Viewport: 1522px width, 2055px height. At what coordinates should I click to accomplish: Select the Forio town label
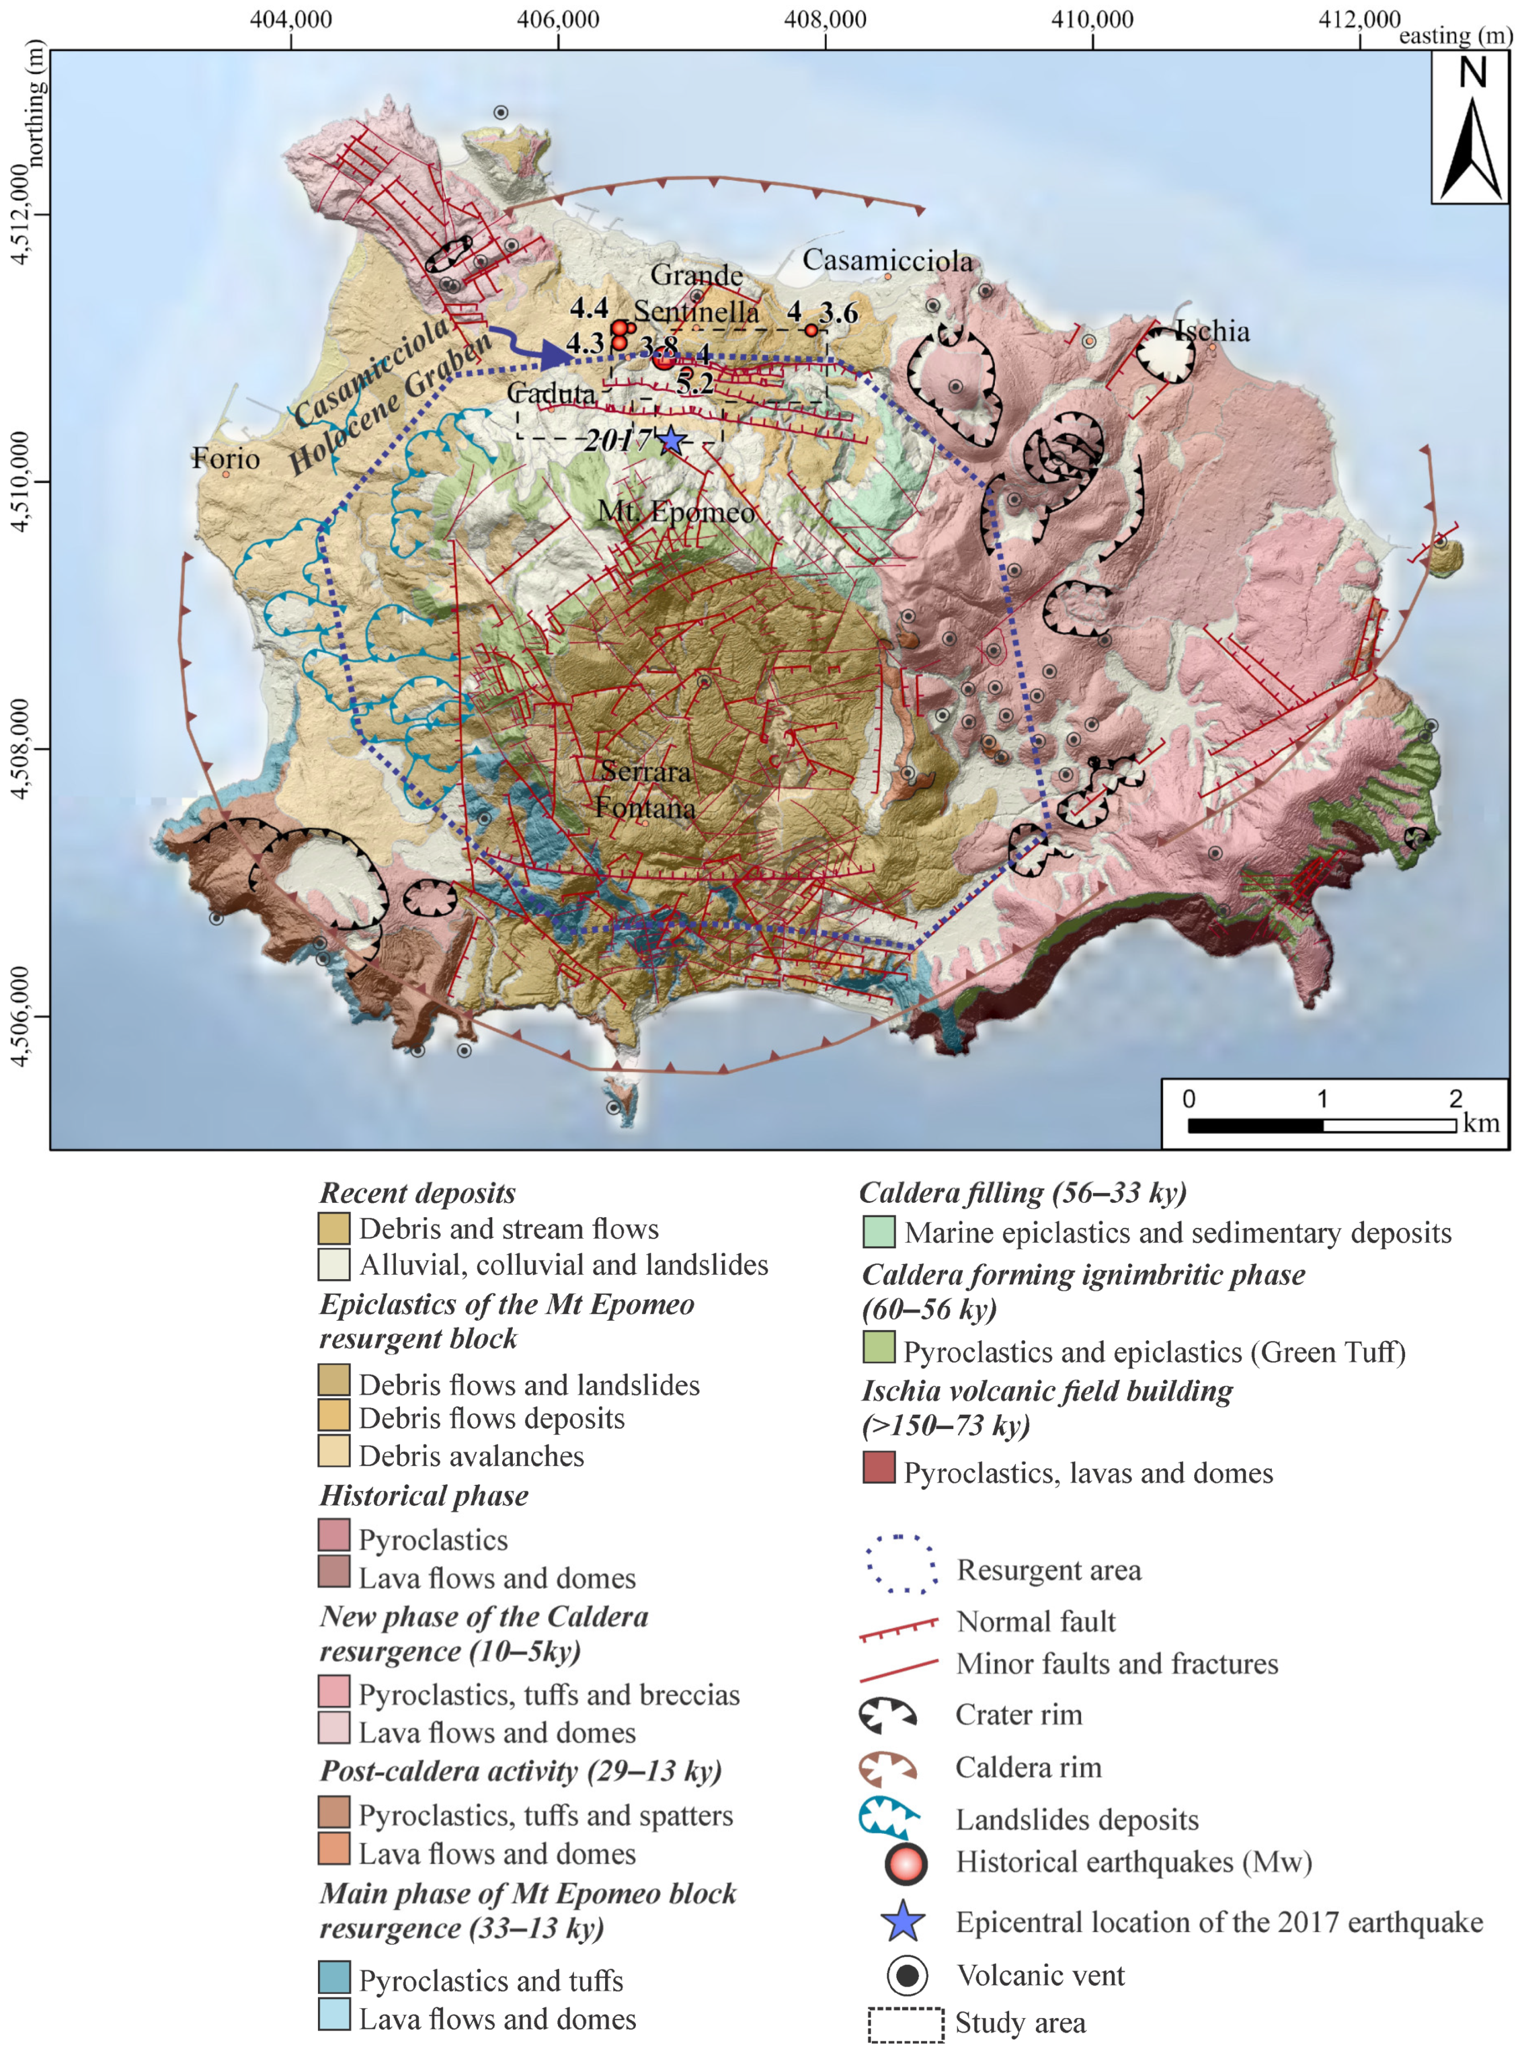[x=225, y=458]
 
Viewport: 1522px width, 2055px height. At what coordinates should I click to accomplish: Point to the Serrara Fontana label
[x=645, y=790]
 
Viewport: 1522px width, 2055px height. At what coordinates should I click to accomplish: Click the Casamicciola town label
[x=887, y=261]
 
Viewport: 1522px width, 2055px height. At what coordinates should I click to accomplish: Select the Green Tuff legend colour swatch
[x=878, y=1347]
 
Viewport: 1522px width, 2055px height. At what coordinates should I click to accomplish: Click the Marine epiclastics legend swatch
[x=878, y=1231]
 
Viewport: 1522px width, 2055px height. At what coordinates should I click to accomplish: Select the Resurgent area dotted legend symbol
[x=900, y=1564]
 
